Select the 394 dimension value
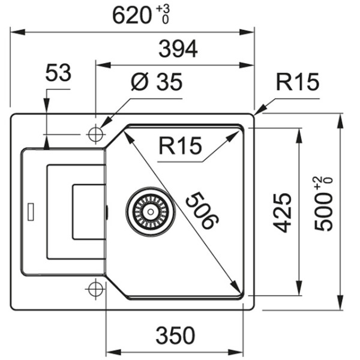178,50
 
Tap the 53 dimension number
58,74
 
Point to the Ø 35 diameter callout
157,83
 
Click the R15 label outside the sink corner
297,83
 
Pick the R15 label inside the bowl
180,146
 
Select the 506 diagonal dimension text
200,210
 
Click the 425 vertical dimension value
282,212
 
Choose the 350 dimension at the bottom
175,335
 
